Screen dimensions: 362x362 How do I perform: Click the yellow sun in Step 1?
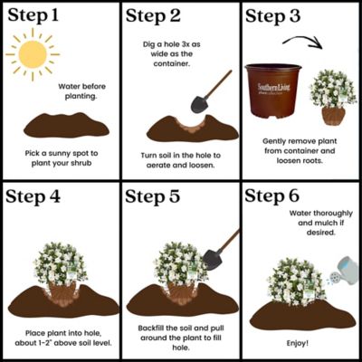pyautogui.click(x=33, y=54)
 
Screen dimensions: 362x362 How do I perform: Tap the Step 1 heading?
pyautogui.click(x=33, y=15)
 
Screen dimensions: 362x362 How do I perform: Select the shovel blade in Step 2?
pyautogui.click(x=199, y=104)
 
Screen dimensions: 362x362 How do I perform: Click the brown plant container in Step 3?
pyautogui.click(x=273, y=90)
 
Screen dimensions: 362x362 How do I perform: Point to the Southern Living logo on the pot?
pyautogui.click(x=273, y=89)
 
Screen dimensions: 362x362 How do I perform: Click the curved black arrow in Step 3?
pyautogui.click(x=302, y=42)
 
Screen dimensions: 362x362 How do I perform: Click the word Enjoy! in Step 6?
pyautogui.click(x=298, y=343)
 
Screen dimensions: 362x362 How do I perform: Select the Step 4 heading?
pyautogui.click(x=33, y=196)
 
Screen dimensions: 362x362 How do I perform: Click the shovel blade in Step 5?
pyautogui.click(x=213, y=260)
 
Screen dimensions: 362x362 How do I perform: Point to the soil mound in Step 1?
pyautogui.click(x=66, y=125)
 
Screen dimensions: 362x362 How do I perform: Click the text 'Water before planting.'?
pyautogui.click(x=81, y=91)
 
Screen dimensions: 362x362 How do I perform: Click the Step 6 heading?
pyautogui.click(x=272, y=195)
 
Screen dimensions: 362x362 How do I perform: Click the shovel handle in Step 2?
pyautogui.click(x=218, y=84)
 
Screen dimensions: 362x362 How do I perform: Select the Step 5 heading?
pyautogui.click(x=153, y=196)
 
